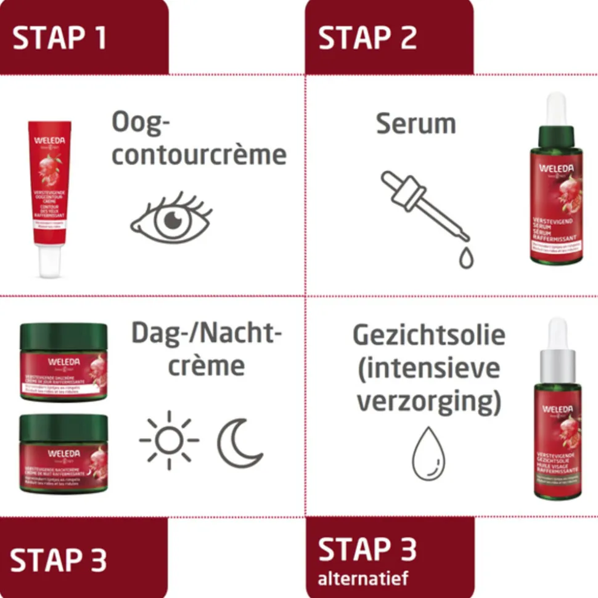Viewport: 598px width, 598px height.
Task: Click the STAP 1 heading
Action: (60, 38)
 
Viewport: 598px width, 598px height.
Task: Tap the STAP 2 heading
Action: (367, 38)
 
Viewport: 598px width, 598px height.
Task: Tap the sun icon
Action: (169, 440)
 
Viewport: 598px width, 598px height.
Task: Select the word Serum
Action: (416, 124)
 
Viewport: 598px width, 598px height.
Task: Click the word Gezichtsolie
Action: (429, 336)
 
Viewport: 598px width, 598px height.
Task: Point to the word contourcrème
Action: (199, 155)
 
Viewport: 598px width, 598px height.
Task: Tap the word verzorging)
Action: (429, 402)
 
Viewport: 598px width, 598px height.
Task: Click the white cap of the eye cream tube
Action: (49, 262)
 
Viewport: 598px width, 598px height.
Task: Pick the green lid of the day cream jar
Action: (63, 337)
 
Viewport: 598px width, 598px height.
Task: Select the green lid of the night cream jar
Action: (63, 427)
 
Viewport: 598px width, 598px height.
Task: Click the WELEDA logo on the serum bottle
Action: (557, 168)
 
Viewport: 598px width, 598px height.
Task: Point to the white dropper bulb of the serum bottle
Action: (557, 108)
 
